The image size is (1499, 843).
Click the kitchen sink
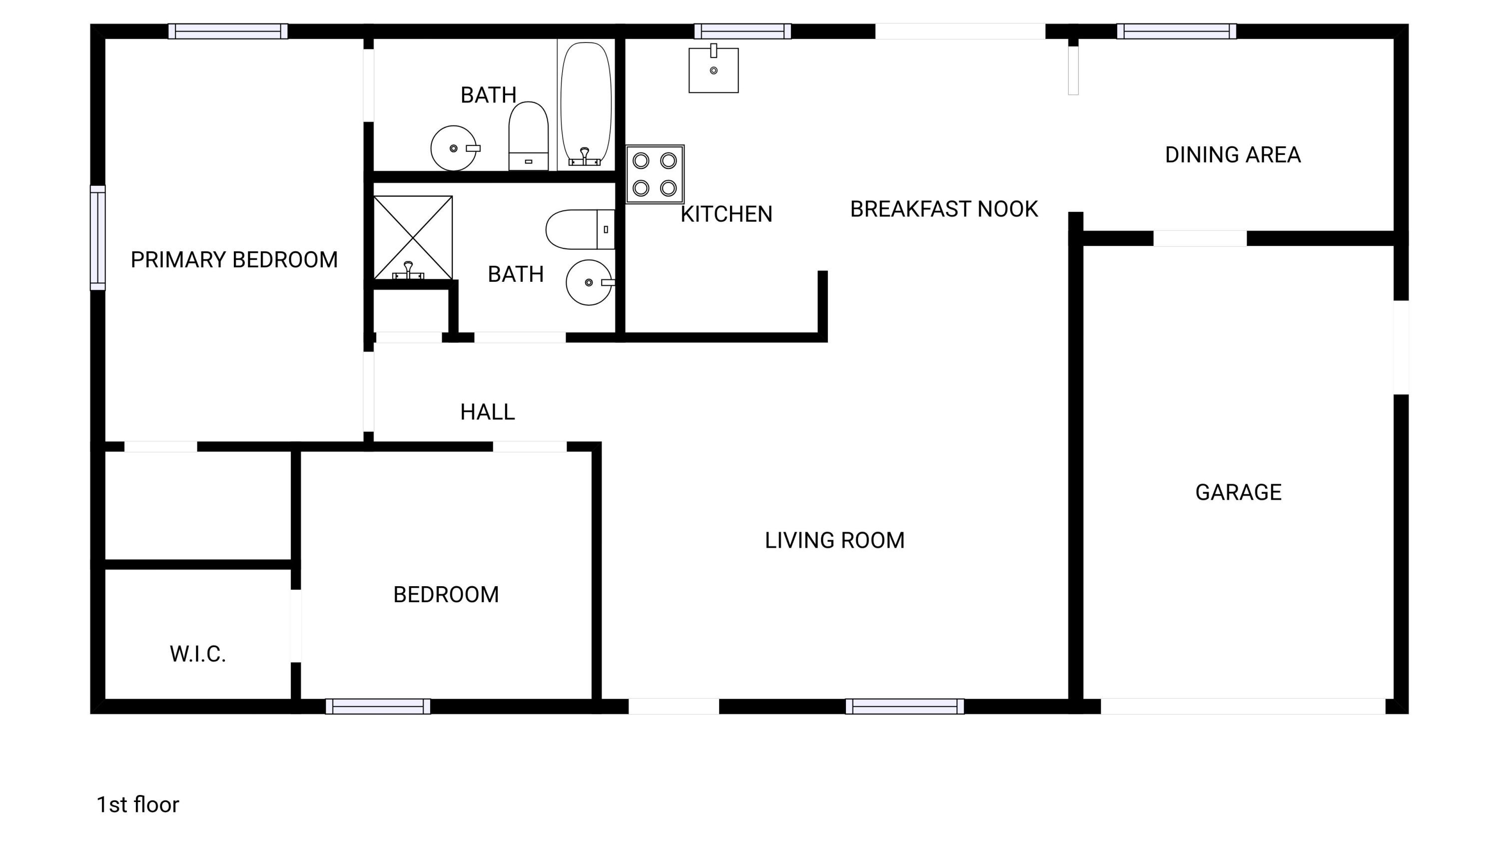pyautogui.click(x=714, y=70)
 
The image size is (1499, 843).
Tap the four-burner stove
pyautogui.click(x=655, y=174)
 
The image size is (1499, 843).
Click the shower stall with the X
pyautogui.click(x=413, y=237)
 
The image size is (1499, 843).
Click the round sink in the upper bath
pyautogui.click(x=453, y=148)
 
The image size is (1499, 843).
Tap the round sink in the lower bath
pyautogui.click(x=589, y=282)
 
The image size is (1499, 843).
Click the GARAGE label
pyautogui.click(x=1238, y=492)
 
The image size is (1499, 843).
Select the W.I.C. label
pyautogui.click(x=198, y=654)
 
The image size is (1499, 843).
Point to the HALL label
pyautogui.click(x=487, y=412)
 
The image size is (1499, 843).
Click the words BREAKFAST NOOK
pyautogui.click(x=943, y=209)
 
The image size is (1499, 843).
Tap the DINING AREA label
pyautogui.click(x=1233, y=155)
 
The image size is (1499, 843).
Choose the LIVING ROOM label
pyautogui.click(x=834, y=541)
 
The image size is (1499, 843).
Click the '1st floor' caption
pyautogui.click(x=137, y=805)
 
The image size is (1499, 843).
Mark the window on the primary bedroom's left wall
pyautogui.click(x=98, y=237)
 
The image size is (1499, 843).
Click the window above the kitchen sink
pyautogui.click(x=743, y=31)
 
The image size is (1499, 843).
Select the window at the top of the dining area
pyautogui.click(x=1176, y=31)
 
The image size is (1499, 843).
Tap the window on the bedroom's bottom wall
pyautogui.click(x=378, y=706)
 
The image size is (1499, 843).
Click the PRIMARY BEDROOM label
pyautogui.click(x=234, y=259)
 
